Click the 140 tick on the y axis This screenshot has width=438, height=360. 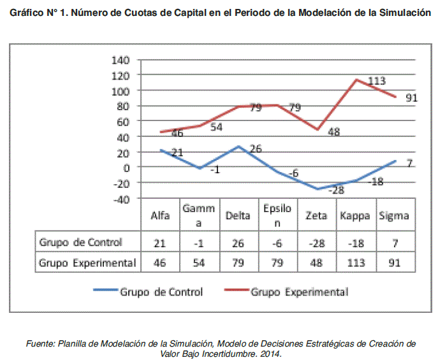[x=121, y=60]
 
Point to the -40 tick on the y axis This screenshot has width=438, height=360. [x=121, y=198]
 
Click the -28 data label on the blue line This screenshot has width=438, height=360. [x=336, y=190]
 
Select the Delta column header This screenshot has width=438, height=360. [x=237, y=215]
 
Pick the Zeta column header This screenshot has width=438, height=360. [x=317, y=215]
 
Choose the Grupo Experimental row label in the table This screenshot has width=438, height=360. [x=87, y=262]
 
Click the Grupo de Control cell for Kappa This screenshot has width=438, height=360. [x=355, y=242]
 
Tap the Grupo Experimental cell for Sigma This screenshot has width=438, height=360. [x=394, y=262]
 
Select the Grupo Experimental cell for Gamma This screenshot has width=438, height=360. [x=198, y=262]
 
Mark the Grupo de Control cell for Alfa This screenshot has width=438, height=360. [x=159, y=242]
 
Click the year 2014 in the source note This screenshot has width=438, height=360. [x=270, y=353]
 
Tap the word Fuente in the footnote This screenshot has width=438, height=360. [x=40, y=343]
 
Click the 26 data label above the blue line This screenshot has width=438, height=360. [x=254, y=149]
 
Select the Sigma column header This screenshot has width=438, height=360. [x=394, y=215]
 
